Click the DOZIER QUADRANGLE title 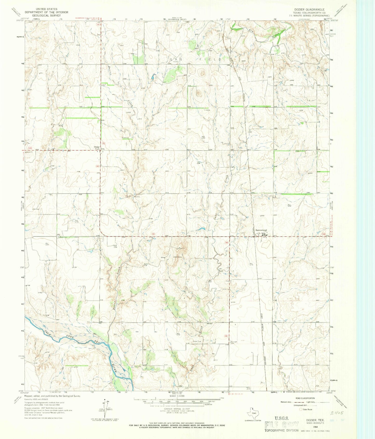[x=309, y=9]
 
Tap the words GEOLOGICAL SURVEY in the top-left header [x=46, y=15]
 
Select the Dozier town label [x=97, y=147]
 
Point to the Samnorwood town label [x=261, y=230]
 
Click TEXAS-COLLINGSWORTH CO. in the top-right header [x=308, y=12]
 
